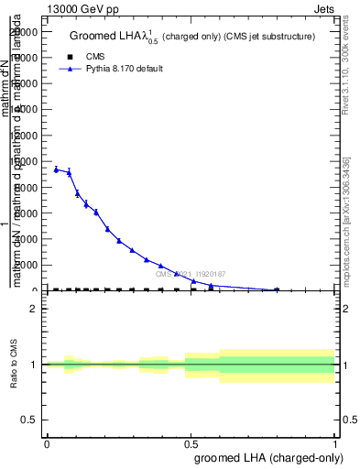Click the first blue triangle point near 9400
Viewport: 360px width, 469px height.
56,169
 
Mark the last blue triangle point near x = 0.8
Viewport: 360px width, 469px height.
277,289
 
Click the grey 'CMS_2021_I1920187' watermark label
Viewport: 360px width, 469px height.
190,274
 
